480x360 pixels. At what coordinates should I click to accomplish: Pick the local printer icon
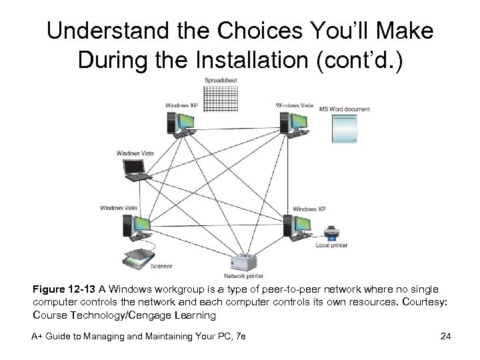point(331,235)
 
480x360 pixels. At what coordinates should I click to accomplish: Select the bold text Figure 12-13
point(65,290)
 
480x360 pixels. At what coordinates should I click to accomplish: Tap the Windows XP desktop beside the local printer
point(297,226)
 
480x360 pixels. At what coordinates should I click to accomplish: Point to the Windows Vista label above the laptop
point(135,153)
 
